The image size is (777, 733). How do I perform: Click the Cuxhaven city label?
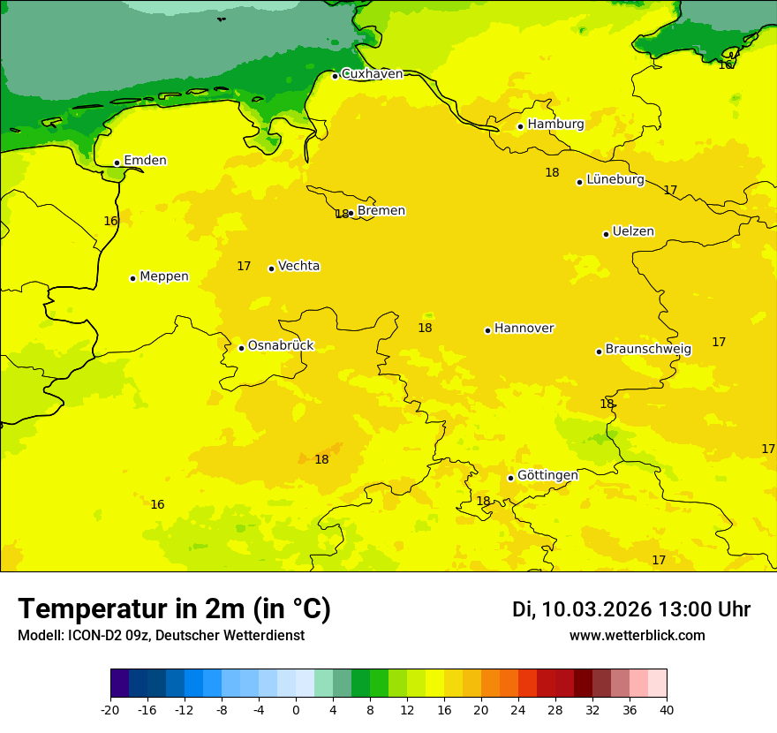[372, 74]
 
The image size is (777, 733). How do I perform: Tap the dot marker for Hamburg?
[520, 126]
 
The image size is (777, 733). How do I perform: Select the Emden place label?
[145, 161]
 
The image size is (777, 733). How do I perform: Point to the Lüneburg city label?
[615, 179]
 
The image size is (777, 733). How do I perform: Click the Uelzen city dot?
[606, 234]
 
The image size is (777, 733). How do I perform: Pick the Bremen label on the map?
[381, 211]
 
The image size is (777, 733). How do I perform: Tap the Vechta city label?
[298, 266]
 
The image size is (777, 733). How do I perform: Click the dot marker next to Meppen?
[132, 278]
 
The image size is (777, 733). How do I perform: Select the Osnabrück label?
[281, 346]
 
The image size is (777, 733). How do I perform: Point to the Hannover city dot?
[487, 330]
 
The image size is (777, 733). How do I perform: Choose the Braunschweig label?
[648, 350]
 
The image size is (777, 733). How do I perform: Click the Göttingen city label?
[547, 475]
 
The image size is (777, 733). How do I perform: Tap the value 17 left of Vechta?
[244, 267]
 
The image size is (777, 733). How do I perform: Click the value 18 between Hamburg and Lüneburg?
[552, 173]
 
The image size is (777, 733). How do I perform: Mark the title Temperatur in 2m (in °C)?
[174, 609]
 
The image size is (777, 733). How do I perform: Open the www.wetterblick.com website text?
[637, 636]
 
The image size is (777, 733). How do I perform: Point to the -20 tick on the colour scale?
[110, 710]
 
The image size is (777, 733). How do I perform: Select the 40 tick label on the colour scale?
[667, 710]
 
